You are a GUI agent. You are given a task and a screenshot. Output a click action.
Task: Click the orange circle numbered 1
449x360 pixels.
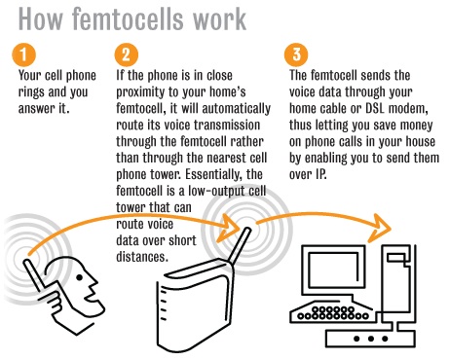click(23, 54)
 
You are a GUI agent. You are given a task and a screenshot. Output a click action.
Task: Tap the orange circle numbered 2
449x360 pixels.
click(126, 54)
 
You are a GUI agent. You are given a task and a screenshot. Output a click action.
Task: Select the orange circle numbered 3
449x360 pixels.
click(296, 54)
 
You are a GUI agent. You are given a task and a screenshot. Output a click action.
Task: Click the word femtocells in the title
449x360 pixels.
click(130, 18)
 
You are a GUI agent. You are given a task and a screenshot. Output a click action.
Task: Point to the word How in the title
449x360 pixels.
click(40, 18)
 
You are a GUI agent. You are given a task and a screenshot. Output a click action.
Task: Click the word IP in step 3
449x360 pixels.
click(320, 174)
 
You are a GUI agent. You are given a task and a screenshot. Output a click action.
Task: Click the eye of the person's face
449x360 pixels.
click(79, 277)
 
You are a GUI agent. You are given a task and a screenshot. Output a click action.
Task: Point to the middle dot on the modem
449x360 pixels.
click(371, 339)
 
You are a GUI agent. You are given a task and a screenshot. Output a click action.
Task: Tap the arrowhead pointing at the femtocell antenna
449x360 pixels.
click(228, 228)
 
